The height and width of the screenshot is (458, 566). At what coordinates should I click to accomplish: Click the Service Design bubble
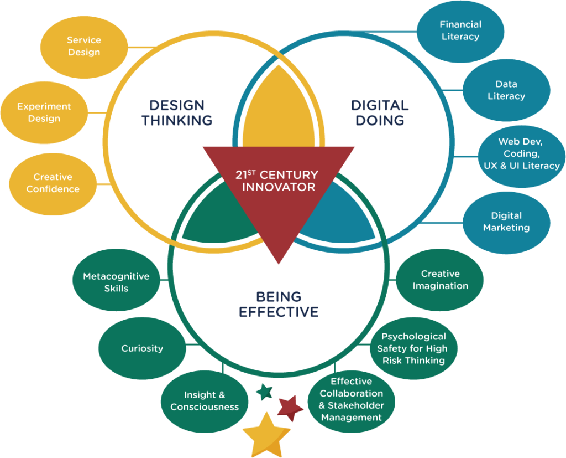pos(83,47)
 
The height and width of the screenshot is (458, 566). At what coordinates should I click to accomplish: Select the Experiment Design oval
pos(44,112)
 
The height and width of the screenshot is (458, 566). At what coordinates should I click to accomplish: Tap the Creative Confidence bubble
pos(53,183)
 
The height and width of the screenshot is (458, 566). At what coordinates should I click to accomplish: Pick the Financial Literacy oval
pos(460,31)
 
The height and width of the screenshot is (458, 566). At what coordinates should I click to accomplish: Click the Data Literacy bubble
pos(506,90)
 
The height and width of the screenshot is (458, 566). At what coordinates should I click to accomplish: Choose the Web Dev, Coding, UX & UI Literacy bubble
pos(521,154)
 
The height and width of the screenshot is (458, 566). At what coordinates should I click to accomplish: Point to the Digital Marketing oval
pos(506,222)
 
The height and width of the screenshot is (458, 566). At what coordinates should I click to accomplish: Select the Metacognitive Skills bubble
pos(116,282)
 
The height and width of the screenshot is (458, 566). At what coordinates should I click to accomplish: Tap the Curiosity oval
pos(142,349)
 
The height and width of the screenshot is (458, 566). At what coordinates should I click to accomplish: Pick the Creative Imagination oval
pos(440,280)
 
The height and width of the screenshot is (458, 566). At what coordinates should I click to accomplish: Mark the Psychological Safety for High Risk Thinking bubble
pos(413,348)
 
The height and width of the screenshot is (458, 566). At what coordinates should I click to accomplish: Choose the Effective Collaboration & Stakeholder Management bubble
pos(351,400)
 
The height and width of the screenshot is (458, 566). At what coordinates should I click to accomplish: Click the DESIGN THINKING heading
pos(177,113)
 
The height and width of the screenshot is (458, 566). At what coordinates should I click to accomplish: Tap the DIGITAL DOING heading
pos(380,113)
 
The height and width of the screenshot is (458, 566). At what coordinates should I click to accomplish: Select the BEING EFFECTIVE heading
pos(279,305)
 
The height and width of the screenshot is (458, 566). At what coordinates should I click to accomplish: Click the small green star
pos(265,392)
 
